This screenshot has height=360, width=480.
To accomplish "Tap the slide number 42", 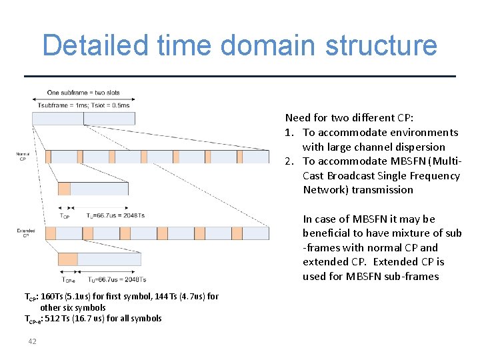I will point(31,341).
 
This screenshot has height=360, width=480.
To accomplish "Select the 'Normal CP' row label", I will point(22,157).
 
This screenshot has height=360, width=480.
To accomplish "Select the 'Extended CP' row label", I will point(25,233).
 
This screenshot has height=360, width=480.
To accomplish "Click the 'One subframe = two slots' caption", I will point(83,93).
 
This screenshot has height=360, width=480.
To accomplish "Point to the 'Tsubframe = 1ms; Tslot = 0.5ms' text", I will point(83,105).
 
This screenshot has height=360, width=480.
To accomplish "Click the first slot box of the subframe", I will point(57,119).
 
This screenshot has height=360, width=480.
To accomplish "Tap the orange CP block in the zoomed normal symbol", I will point(63,189).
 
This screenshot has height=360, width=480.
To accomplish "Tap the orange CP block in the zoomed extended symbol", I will point(68,259).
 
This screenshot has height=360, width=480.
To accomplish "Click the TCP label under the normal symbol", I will point(65,216).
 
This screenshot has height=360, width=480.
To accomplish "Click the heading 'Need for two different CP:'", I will point(349,118).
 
